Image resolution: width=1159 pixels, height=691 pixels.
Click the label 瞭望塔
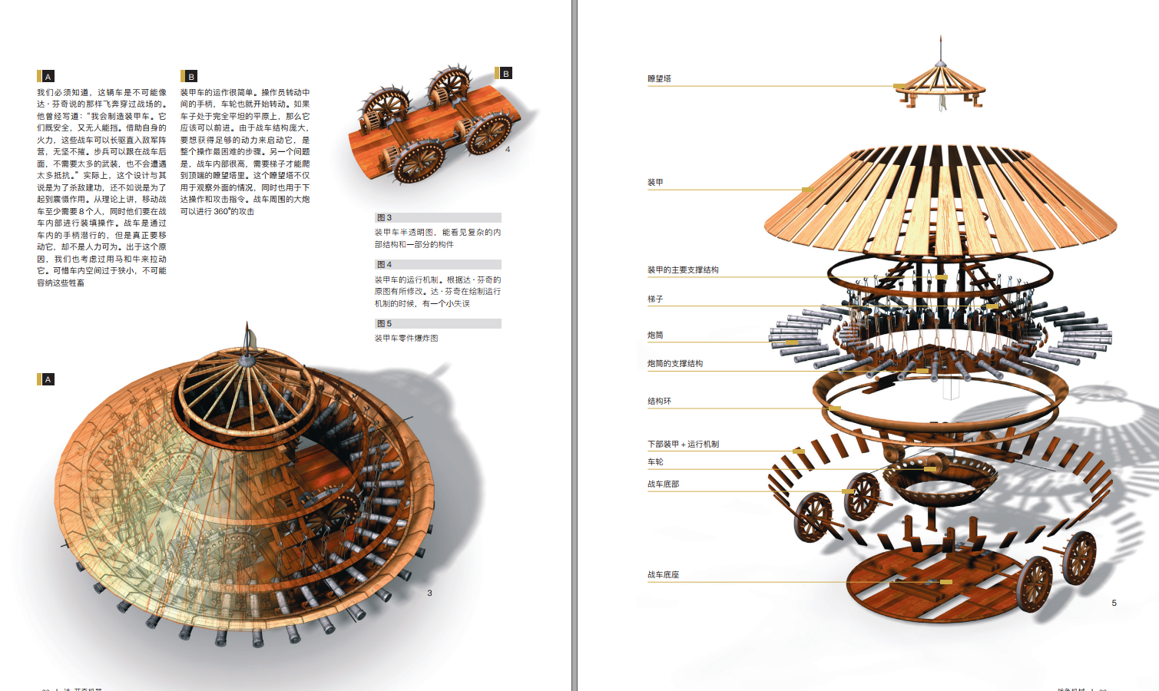[659, 78]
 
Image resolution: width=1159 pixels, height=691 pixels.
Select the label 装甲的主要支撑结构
[683, 269]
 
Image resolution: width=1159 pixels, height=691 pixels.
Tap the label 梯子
[655, 299]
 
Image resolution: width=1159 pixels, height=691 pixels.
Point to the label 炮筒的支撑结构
[675, 363]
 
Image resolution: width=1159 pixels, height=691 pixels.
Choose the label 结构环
[659, 401]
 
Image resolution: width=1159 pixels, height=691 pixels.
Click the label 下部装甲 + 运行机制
[683, 444]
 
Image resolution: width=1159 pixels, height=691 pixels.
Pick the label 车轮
[655, 461]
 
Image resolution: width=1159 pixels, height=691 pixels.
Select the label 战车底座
[663, 574]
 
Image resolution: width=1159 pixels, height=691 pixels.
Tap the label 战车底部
[663, 484]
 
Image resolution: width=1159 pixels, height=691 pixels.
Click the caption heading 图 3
[384, 217]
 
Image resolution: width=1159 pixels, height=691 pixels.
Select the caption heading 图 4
[384, 264]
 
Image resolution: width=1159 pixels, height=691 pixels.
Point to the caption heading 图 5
[384, 323]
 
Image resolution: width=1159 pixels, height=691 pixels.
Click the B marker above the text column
[191, 76]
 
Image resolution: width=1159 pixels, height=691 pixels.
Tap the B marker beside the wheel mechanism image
[505, 74]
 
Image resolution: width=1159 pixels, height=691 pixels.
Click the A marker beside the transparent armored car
[48, 379]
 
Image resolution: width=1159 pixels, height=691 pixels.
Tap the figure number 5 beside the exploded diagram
[1114, 603]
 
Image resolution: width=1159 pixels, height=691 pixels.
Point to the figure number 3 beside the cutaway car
[429, 593]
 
